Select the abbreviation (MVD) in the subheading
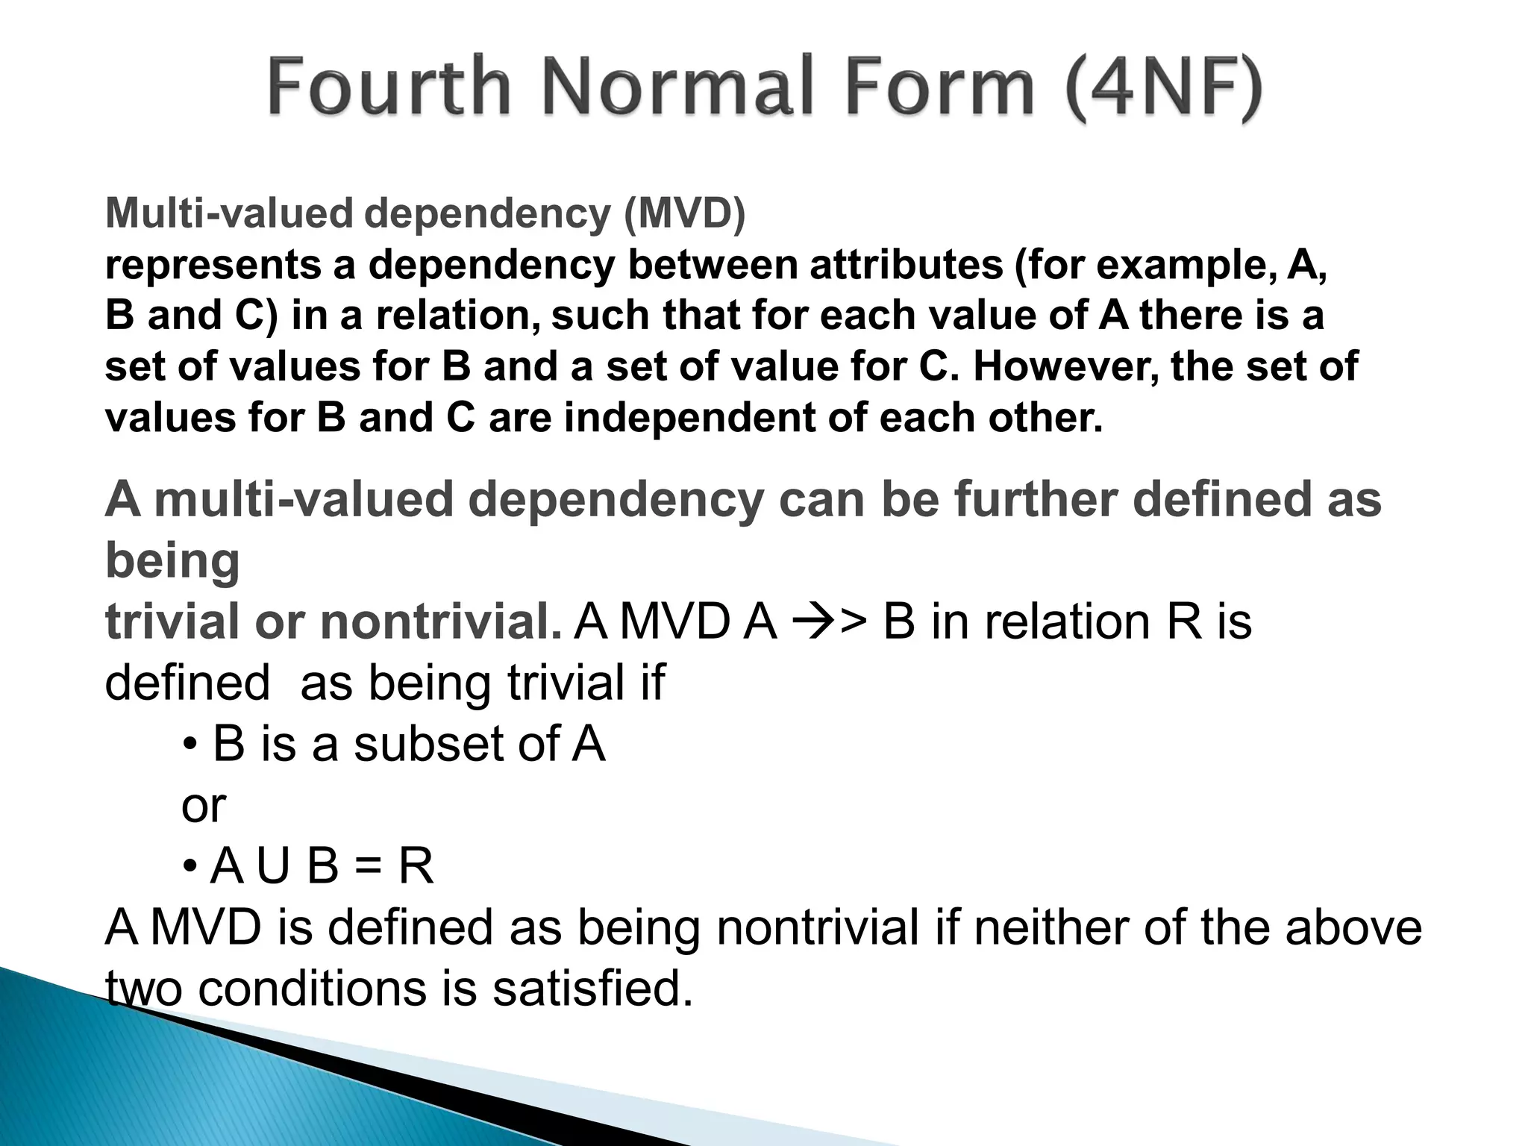683,214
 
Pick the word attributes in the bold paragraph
906,265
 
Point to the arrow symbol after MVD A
808,623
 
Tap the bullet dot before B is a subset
190,745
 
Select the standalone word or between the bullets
203,806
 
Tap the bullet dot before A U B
190,867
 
